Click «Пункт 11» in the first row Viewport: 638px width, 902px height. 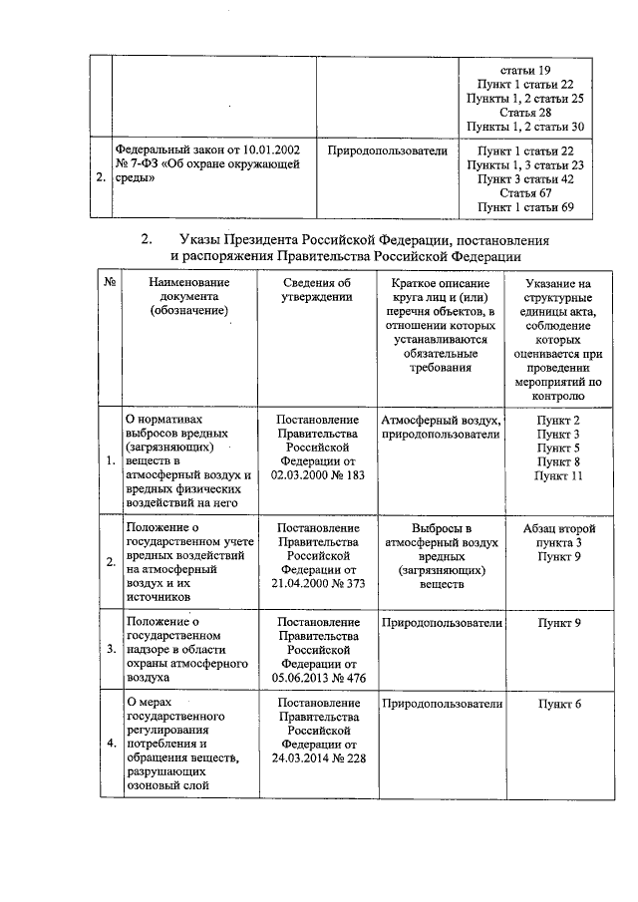tap(557, 476)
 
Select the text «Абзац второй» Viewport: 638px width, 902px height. tap(558, 527)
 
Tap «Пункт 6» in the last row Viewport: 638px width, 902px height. tap(558, 704)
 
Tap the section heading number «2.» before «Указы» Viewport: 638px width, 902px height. tap(148, 240)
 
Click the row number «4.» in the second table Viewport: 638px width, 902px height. tap(111, 744)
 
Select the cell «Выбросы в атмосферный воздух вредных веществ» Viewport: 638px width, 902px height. tap(441, 556)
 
